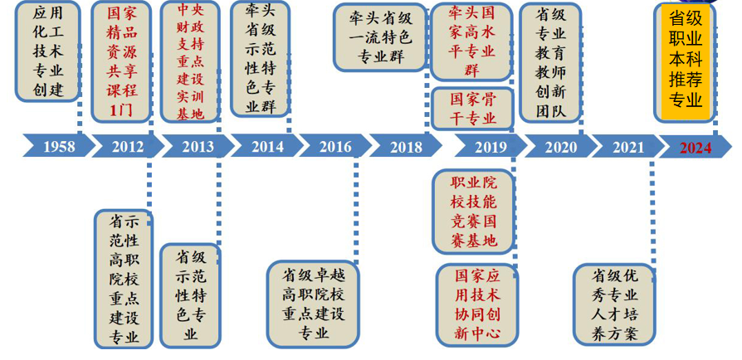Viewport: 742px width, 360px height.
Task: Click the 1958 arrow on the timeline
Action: coord(56,147)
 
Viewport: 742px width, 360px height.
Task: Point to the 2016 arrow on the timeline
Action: coord(335,147)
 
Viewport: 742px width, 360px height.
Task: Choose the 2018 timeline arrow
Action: coord(405,147)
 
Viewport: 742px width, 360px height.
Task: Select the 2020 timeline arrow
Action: coord(562,147)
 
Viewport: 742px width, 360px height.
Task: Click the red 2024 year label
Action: coord(696,147)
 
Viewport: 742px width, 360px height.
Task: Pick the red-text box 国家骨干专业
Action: coord(472,108)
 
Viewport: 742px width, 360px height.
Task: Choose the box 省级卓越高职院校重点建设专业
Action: coord(314,303)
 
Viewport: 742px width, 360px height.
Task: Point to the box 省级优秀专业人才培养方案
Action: coord(614,304)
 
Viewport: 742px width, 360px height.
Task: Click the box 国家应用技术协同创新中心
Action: coord(477,304)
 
